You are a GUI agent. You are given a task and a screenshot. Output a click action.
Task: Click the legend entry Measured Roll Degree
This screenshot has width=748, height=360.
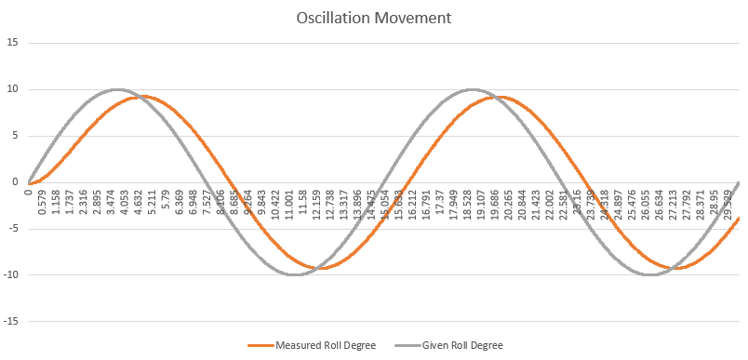(326, 345)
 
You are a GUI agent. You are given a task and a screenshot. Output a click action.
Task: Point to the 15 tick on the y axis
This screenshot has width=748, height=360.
(13, 43)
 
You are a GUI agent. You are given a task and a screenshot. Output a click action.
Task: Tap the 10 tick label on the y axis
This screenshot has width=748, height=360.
(13, 89)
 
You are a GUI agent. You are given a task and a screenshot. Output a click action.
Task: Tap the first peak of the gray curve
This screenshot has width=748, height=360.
(117, 89)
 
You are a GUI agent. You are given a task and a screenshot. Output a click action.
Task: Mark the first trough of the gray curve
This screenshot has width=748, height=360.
(295, 274)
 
